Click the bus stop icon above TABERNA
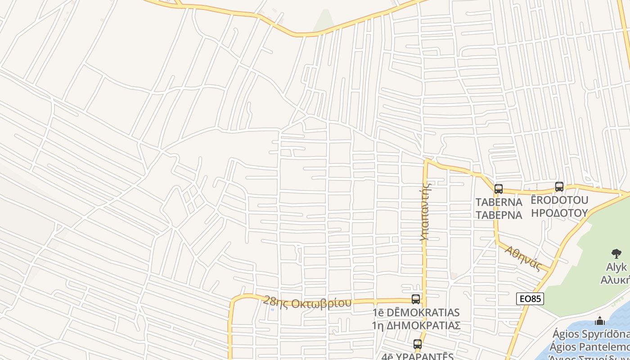coord(498,189)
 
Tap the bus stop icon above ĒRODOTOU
coord(559,186)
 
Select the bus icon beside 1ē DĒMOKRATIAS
coord(416,299)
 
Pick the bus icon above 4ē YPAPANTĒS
coord(418,345)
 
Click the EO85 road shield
coord(530,299)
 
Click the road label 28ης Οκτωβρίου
coord(307,302)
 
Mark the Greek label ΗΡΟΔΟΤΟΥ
coord(560,212)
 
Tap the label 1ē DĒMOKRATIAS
coord(416,312)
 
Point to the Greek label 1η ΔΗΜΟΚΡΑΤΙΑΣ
coord(416,325)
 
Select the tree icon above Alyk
coord(616,254)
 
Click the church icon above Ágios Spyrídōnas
coord(599,321)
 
